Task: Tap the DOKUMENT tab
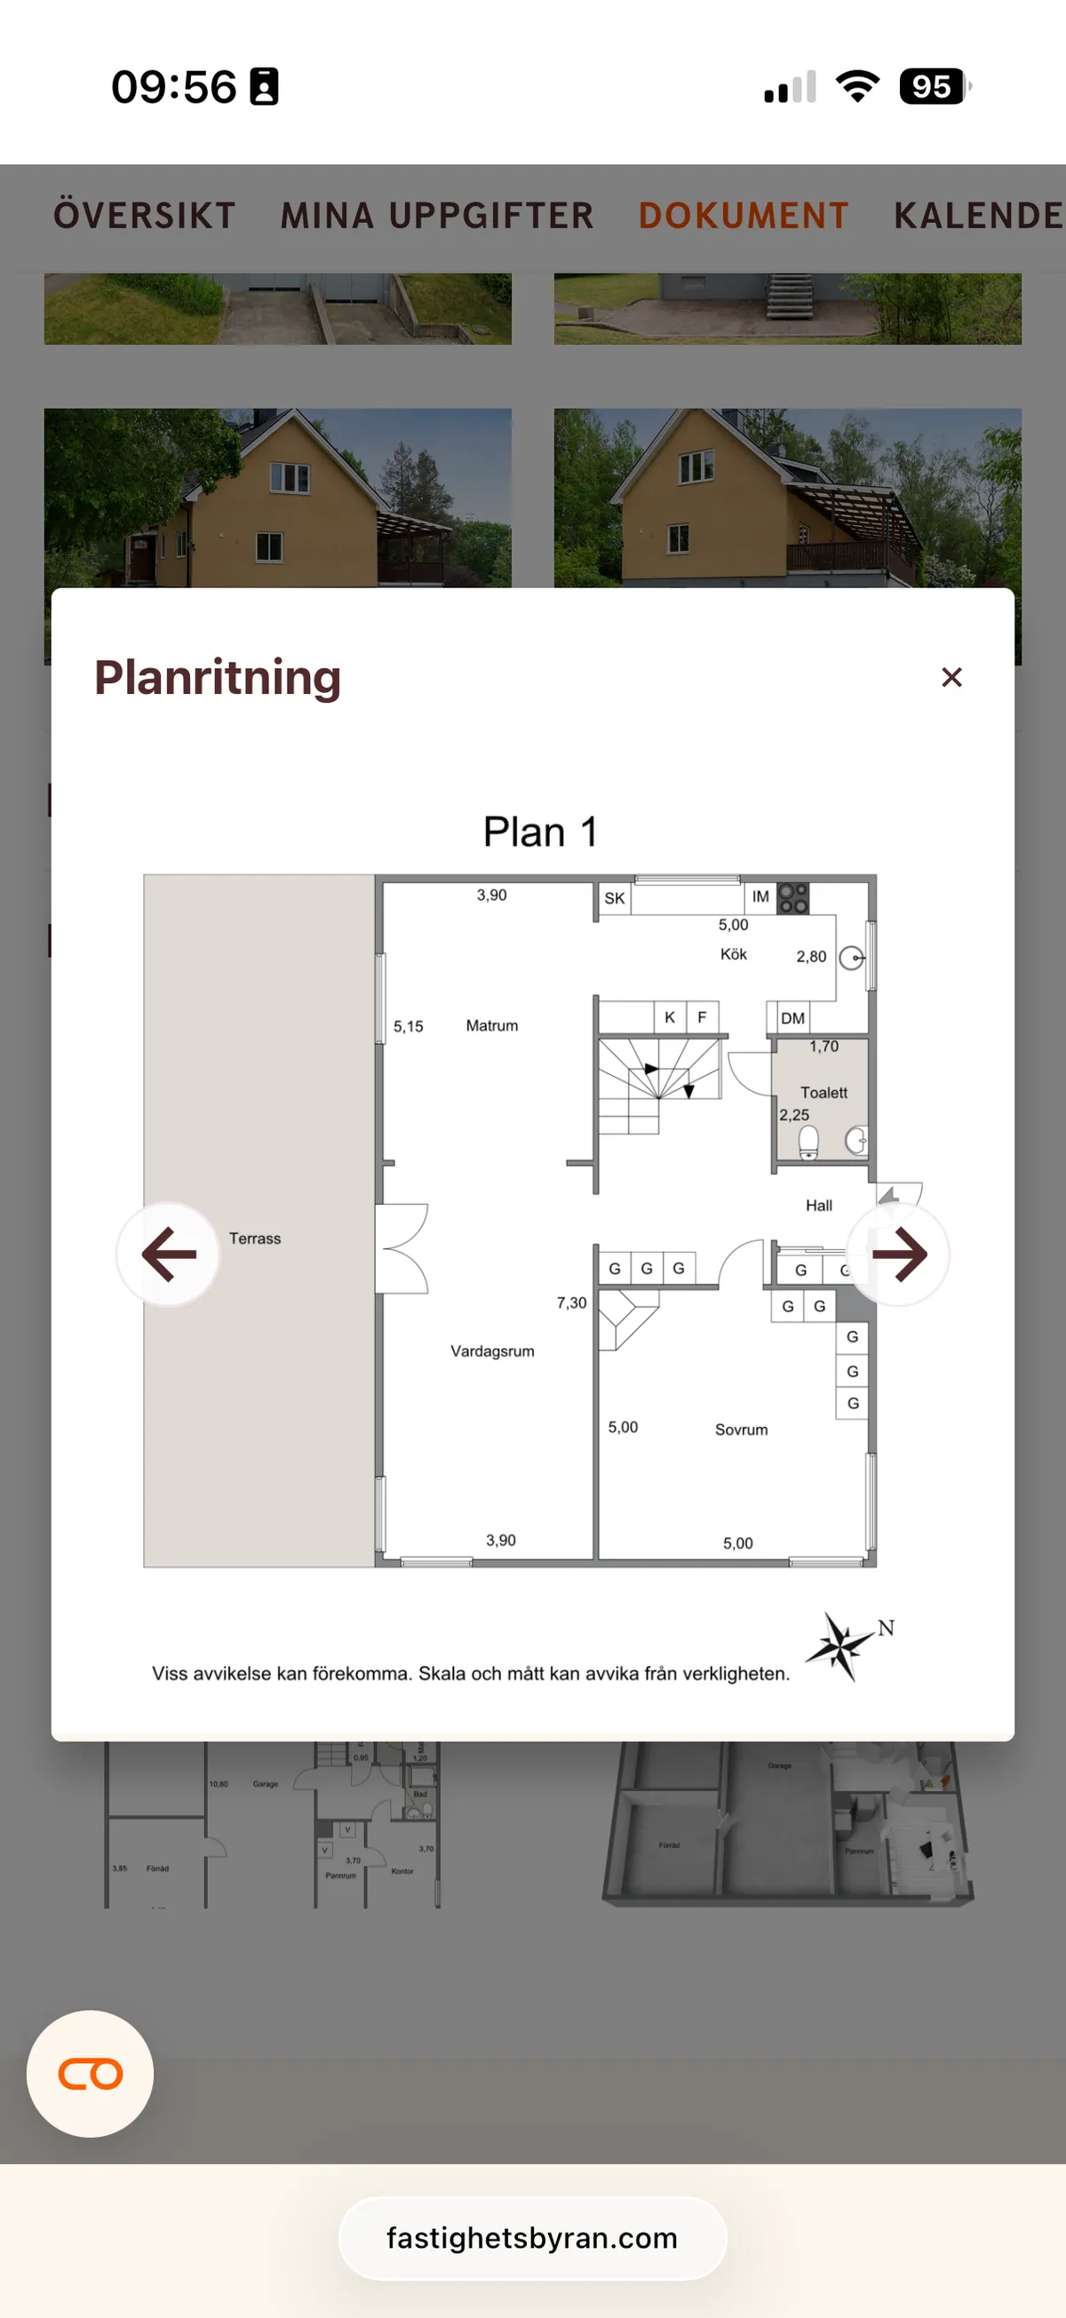click(743, 216)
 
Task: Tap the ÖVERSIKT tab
click(145, 216)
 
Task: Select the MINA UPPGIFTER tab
click(437, 216)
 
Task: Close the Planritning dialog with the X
click(951, 678)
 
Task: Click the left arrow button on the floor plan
click(168, 1254)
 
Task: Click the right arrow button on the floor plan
click(898, 1254)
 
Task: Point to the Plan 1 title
click(540, 832)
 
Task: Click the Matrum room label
click(492, 1026)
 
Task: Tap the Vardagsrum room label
click(492, 1350)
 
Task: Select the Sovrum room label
click(741, 1430)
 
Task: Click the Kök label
click(733, 955)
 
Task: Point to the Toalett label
click(824, 1093)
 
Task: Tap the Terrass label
click(255, 1239)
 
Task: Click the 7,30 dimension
click(571, 1303)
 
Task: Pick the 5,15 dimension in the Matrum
click(409, 1027)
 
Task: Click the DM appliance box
click(792, 1017)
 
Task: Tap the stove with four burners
click(792, 898)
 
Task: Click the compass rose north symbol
click(841, 1645)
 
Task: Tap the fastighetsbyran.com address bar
click(532, 2238)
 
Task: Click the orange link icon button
click(90, 2074)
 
